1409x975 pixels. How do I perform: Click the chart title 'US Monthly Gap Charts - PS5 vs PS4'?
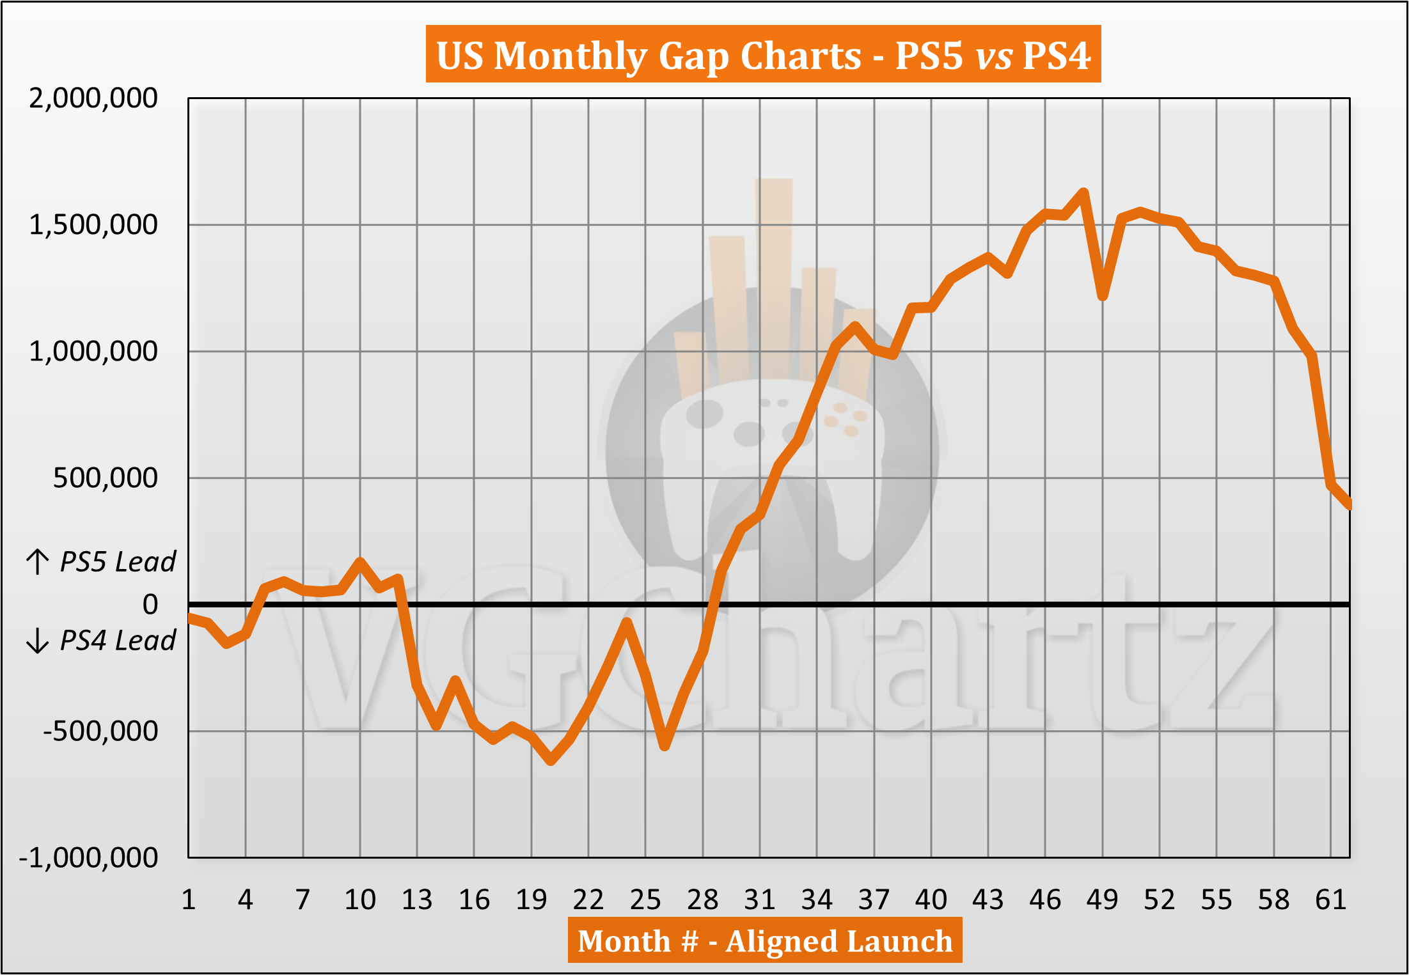pos(763,55)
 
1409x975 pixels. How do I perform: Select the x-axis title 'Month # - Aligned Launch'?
pos(765,940)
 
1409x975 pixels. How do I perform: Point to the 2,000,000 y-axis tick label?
pos(93,98)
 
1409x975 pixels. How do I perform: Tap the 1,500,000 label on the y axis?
pos(93,225)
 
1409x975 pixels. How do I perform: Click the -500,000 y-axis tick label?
pos(100,731)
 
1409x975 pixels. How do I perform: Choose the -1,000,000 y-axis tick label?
pos(88,857)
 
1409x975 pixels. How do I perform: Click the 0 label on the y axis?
pos(150,604)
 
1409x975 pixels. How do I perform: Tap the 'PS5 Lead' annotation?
pos(118,562)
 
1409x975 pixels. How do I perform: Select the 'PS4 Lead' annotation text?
pos(118,641)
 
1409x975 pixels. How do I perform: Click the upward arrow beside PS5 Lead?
pos(38,561)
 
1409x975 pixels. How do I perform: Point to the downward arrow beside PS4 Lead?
pos(38,641)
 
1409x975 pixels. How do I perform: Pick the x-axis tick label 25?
pos(645,900)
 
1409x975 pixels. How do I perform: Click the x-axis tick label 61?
pos(1331,900)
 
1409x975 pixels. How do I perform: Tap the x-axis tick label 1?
pos(189,900)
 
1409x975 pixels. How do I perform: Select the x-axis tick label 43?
pos(988,900)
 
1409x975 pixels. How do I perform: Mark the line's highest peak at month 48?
pos(1083,192)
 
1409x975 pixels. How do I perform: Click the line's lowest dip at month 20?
pos(551,761)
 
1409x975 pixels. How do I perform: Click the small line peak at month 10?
pos(360,561)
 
